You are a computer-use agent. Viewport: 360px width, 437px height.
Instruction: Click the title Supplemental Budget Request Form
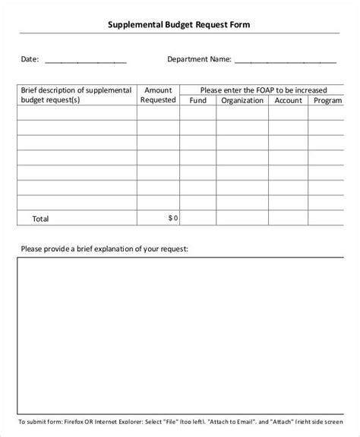[180, 25]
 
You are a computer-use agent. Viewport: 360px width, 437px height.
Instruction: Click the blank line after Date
[86, 60]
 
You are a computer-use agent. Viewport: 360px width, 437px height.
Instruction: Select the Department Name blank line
[286, 60]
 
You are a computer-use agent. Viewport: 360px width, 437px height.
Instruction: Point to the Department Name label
[198, 58]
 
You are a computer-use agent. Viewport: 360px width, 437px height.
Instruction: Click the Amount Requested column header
[158, 94]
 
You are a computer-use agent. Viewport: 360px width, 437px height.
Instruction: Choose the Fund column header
[197, 100]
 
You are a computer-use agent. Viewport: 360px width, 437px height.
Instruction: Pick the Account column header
[289, 100]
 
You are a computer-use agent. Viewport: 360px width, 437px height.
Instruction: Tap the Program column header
[328, 100]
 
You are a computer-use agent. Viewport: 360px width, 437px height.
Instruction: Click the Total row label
[40, 218]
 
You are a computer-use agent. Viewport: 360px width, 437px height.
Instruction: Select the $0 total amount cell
[172, 218]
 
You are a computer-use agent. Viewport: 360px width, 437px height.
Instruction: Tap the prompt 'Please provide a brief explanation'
[104, 248]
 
